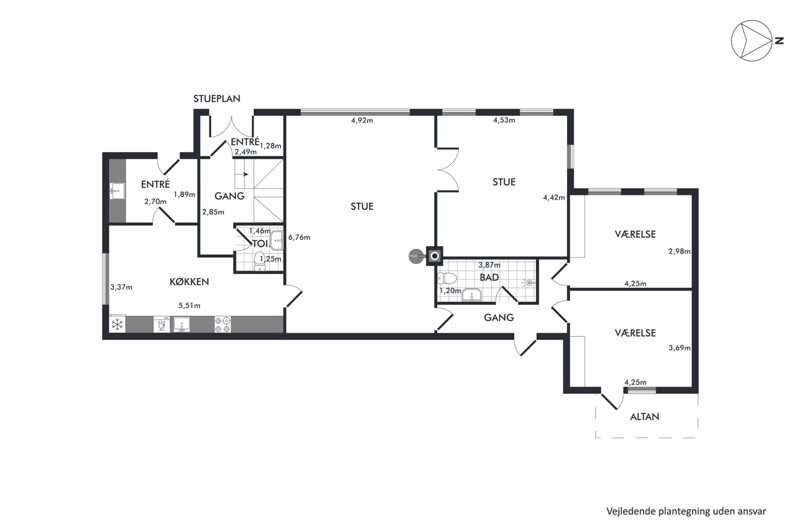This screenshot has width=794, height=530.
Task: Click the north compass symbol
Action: pyautogui.click(x=751, y=40)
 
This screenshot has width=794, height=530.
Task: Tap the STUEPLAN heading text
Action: pyautogui.click(x=217, y=98)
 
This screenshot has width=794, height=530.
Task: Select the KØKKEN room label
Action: pyautogui.click(x=189, y=282)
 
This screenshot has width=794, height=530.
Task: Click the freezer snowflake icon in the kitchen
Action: pyautogui.click(x=117, y=325)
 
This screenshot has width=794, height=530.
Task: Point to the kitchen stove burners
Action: pyautogui.click(x=223, y=325)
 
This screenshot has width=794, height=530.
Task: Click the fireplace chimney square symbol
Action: pyautogui.click(x=434, y=256)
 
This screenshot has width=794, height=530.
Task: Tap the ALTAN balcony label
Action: pyautogui.click(x=644, y=416)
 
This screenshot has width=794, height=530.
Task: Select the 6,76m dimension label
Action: pyautogui.click(x=299, y=237)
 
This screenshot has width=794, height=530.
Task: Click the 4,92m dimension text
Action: pyautogui.click(x=362, y=121)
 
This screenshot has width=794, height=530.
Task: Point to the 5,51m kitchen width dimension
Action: pyautogui.click(x=189, y=305)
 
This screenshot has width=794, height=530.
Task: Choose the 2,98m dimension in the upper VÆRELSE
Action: pyautogui.click(x=679, y=251)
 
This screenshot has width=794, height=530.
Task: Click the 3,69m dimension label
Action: pyautogui.click(x=679, y=348)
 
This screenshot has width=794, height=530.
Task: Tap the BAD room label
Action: pyautogui.click(x=489, y=277)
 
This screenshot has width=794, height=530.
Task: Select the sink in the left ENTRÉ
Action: pyautogui.click(x=117, y=191)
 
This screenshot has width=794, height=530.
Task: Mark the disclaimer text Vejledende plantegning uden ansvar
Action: pyautogui.click(x=686, y=511)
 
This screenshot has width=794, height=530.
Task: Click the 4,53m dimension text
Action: pyautogui.click(x=504, y=120)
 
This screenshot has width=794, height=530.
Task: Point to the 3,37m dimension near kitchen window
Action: pyautogui.click(x=121, y=287)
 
